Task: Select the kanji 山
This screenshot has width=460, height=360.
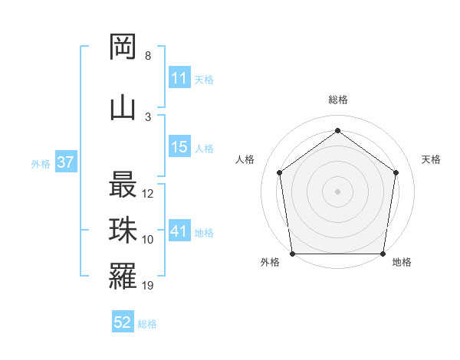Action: (x=123, y=106)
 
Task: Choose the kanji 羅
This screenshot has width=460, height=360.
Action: (x=123, y=277)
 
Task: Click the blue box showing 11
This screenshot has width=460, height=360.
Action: (x=179, y=77)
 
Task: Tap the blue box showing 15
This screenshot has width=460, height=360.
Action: (x=179, y=147)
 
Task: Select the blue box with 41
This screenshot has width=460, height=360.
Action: (x=179, y=231)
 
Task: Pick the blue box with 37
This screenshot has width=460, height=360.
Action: (x=65, y=162)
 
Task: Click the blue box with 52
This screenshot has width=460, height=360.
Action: (x=123, y=322)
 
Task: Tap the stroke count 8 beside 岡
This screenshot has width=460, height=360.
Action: (x=147, y=56)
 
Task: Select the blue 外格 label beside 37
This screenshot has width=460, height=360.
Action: (x=40, y=163)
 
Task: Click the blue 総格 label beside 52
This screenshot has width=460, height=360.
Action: (x=147, y=324)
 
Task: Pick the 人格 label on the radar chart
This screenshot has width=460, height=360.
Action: (x=245, y=159)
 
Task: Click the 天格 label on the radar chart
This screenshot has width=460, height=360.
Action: (x=431, y=159)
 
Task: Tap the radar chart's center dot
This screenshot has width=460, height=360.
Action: (x=337, y=191)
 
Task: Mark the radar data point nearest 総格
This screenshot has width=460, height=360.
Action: (x=337, y=130)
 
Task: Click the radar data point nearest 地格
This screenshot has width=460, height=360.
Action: (x=383, y=254)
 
